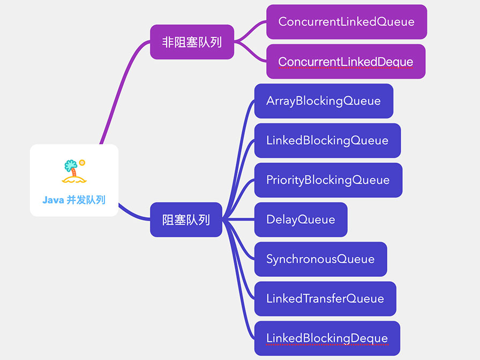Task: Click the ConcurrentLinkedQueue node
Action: click(346, 22)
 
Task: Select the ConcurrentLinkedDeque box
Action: click(346, 62)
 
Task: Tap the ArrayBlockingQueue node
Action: click(324, 101)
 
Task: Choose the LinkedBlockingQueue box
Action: click(327, 141)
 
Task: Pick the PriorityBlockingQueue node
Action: click(328, 180)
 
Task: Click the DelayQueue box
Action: click(301, 219)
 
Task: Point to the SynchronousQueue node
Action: click(320, 259)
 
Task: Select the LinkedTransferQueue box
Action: click(325, 299)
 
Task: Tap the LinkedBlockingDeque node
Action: click(327, 339)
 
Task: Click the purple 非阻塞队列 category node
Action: click(192, 42)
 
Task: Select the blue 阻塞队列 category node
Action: click(186, 219)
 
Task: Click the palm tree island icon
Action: click(73, 171)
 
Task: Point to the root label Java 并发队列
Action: click(74, 200)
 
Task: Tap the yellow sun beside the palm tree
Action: click(82, 162)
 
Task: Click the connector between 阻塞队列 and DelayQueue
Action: click(238, 219)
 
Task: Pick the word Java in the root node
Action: click(53, 200)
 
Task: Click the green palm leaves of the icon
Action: click(70, 165)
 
